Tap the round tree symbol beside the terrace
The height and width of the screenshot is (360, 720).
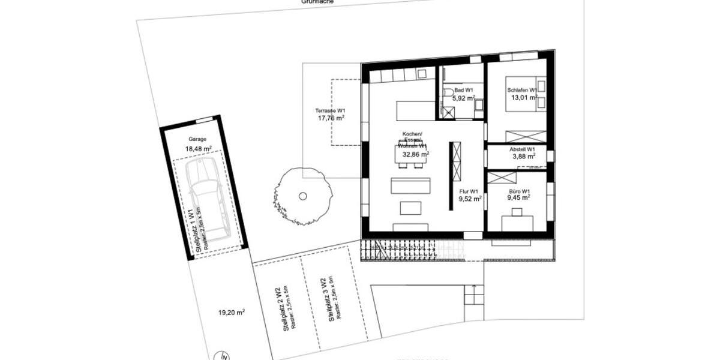pos(302,196)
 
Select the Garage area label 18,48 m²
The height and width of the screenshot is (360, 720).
pos(199,149)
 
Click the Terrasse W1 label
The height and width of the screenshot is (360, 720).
pos(331,111)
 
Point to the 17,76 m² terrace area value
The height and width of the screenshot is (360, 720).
pos(331,119)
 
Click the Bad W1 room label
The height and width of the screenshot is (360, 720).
pos(463,89)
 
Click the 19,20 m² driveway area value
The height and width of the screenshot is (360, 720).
pos(231,313)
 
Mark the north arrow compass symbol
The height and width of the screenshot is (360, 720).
pos(224,355)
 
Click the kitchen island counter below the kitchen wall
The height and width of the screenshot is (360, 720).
pos(415,111)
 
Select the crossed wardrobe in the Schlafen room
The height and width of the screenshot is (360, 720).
pos(526,136)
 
